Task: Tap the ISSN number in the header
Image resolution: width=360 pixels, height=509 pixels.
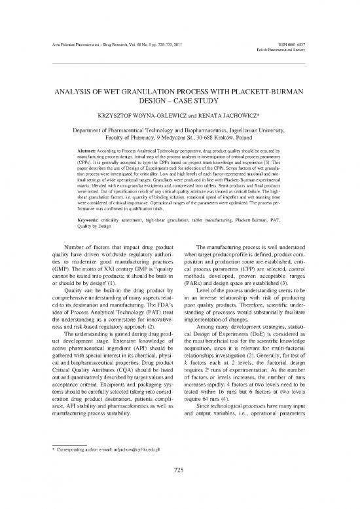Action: point(315,44)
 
